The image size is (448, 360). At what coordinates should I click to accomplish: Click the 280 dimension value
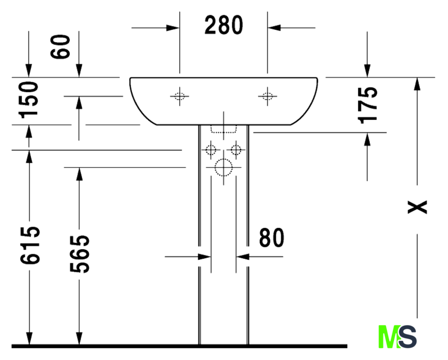(224, 25)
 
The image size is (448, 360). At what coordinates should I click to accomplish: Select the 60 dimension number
(60, 47)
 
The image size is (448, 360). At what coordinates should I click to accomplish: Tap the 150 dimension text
(28, 100)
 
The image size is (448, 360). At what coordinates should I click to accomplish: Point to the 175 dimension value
(368, 105)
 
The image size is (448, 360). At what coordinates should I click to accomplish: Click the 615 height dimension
(30, 245)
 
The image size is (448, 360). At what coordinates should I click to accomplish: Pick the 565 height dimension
(79, 254)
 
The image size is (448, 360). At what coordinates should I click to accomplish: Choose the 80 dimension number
(271, 237)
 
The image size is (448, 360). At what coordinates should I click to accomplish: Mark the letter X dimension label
(417, 207)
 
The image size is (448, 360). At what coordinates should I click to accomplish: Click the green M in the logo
(388, 336)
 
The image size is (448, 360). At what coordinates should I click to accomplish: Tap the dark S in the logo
(408, 336)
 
